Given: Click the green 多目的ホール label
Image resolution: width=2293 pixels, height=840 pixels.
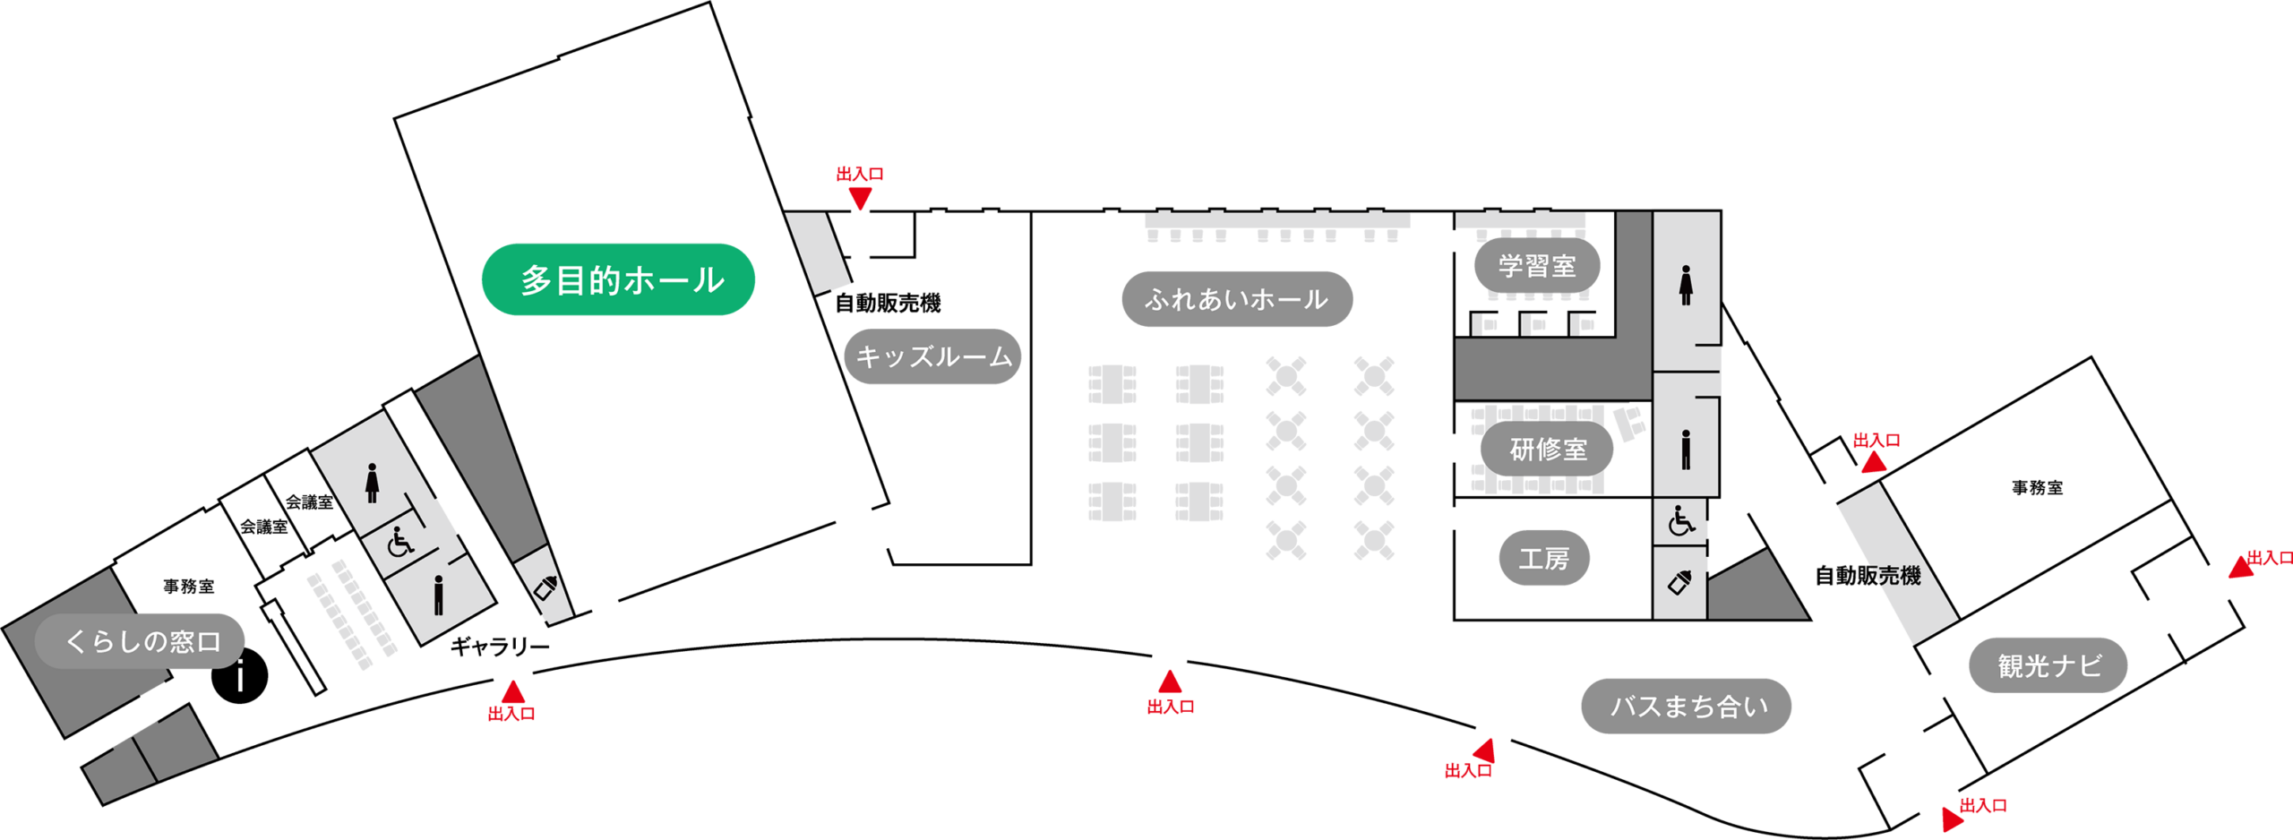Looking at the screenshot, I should [x=618, y=279].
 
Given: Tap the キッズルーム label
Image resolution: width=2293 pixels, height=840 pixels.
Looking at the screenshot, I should [x=932, y=356].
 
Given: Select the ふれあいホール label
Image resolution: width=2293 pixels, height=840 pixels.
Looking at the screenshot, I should [x=1236, y=299].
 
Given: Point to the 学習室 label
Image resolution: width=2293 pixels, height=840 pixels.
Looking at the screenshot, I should [x=1537, y=266].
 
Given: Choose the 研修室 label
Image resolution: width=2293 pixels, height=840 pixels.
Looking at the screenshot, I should [x=1547, y=449].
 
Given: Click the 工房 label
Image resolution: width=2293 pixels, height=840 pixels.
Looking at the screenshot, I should [x=1543, y=559].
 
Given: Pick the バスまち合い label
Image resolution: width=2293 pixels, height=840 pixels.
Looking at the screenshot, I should [x=1686, y=707].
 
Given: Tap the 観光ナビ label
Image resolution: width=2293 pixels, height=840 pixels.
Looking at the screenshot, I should [x=2048, y=665].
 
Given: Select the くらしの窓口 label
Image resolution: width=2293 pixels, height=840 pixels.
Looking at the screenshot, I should [x=141, y=641].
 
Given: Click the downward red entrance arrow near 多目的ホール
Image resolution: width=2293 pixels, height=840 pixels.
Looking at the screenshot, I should [x=860, y=199].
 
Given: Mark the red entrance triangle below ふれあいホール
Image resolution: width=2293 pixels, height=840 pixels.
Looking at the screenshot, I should [x=1170, y=681].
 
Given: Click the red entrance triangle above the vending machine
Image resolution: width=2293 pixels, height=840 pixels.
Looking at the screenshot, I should [x=1873, y=462].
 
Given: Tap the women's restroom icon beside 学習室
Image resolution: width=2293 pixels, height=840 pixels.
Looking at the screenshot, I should [x=1685, y=285].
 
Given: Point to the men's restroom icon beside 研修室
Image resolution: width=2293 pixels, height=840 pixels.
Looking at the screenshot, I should [x=1685, y=450].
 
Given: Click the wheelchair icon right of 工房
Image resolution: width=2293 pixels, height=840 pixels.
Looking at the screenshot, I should [x=1680, y=520].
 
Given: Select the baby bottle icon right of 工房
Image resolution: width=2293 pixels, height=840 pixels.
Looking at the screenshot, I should [x=1679, y=583].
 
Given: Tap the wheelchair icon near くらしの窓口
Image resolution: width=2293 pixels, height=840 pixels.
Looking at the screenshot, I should [x=399, y=541].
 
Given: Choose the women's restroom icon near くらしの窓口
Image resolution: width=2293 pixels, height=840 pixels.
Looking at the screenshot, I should [x=372, y=484].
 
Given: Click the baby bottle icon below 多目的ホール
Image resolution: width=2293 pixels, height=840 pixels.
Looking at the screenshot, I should [x=545, y=587].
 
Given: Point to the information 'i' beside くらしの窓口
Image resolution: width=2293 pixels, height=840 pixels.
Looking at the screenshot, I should [x=240, y=677].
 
